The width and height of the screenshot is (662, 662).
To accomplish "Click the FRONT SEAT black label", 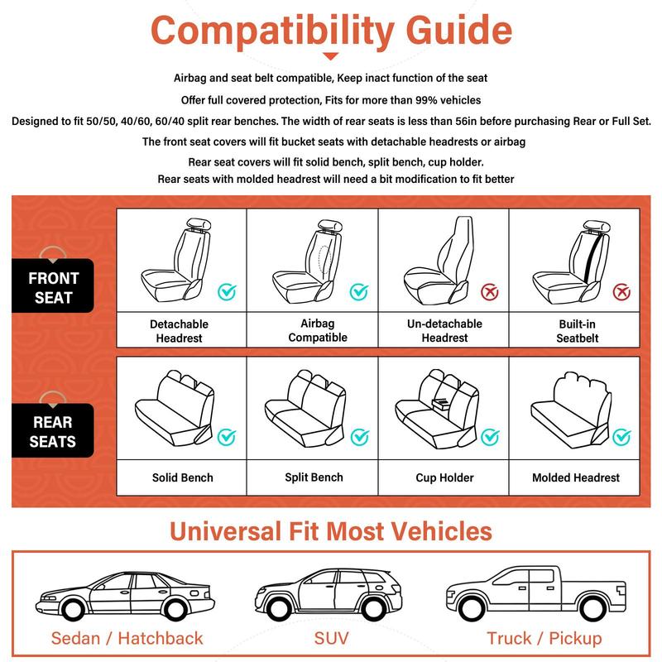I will point(54,287).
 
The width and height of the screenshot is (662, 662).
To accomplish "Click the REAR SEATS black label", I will point(53,431).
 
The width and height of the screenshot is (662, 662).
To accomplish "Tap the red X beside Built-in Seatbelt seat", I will point(621,291).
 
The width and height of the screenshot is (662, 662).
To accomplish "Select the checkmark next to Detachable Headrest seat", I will point(227,291).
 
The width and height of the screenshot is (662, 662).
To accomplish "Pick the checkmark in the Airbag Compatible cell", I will point(358,291).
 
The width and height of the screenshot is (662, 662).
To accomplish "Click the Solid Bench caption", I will point(182,477).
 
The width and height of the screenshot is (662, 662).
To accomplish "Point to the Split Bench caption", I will point(314,477).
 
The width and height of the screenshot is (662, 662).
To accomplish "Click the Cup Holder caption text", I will point(444,478).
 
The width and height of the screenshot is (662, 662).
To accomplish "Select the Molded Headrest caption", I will point(576,478).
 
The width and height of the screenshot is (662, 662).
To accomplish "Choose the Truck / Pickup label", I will point(544,638).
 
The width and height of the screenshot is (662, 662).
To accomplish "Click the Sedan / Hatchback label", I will point(127,638).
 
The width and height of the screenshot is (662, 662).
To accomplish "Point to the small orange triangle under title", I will point(331,56).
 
